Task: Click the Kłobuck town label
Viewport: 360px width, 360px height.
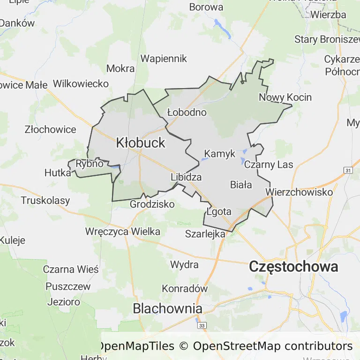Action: tap(141, 142)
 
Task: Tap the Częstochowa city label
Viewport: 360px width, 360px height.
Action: tap(294, 267)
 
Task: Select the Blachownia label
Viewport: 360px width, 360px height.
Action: tap(167, 308)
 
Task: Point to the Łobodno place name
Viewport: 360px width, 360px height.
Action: tap(187, 112)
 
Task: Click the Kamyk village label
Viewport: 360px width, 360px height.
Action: tap(220, 154)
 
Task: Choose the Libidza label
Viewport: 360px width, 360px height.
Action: tap(186, 177)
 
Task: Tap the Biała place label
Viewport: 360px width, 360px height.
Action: tap(241, 185)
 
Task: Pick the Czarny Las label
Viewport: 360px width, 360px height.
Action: tap(269, 165)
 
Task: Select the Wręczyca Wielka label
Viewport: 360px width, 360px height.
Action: tap(123, 232)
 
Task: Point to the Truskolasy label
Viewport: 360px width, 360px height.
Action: tap(45, 201)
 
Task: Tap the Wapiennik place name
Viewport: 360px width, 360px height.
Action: tap(164, 59)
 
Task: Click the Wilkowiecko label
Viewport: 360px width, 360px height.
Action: tap(81, 84)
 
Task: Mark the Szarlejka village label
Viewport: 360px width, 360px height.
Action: tap(206, 234)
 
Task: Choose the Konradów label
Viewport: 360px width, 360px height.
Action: tap(185, 288)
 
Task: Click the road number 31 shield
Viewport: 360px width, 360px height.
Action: tap(347, 170)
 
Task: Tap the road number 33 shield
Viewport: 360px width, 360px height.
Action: tap(202, 325)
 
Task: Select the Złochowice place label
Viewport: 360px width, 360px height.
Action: tap(51, 129)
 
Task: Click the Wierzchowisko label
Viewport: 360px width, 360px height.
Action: tap(299, 192)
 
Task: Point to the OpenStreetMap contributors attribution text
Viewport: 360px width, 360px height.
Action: tap(273, 346)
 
